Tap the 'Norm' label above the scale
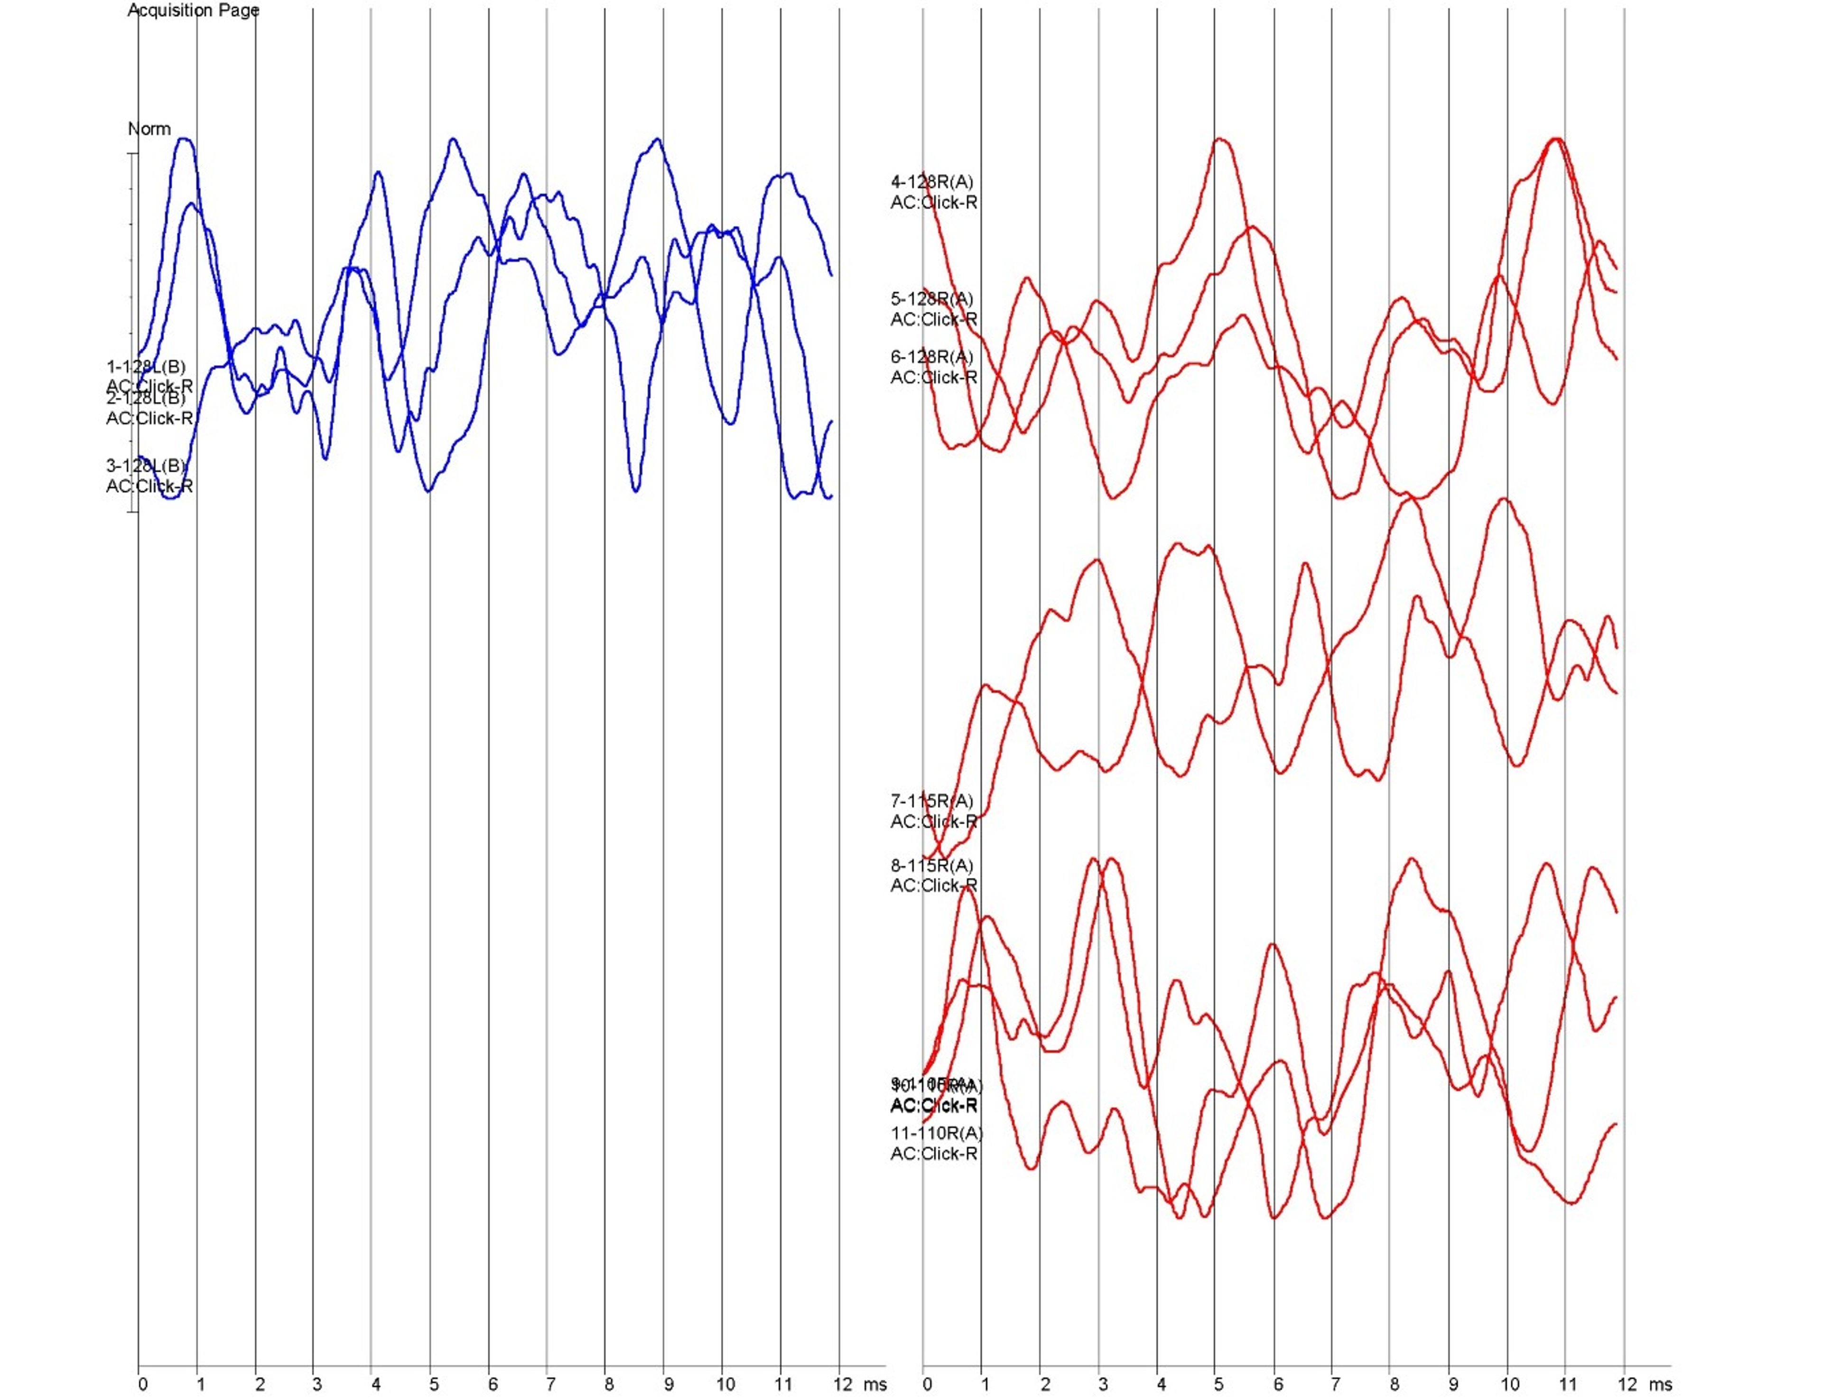(x=149, y=129)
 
